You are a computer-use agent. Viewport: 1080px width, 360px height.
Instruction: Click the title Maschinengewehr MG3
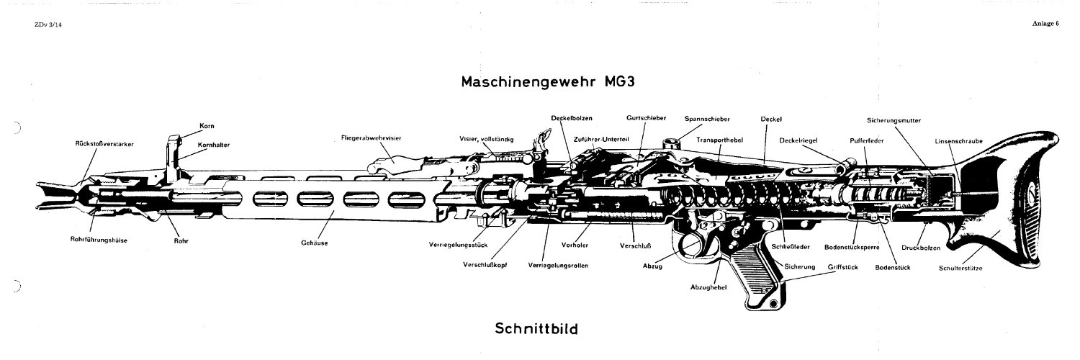548,81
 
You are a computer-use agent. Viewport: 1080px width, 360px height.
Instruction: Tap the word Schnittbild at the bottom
536,328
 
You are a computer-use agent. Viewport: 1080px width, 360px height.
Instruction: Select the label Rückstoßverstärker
104,143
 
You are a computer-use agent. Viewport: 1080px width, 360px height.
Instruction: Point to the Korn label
207,126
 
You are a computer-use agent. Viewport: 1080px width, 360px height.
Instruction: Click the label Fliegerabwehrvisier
371,138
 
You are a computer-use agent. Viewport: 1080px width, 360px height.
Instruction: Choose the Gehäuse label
315,243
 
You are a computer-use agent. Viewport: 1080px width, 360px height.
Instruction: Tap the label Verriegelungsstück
458,245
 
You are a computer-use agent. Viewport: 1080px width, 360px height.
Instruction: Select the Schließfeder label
791,247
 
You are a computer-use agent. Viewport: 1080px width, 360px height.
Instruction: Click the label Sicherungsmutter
894,120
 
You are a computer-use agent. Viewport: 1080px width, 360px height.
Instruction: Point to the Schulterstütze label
960,268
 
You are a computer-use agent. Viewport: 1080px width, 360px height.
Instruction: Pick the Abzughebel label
708,287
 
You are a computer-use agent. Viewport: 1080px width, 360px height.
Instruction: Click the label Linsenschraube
958,141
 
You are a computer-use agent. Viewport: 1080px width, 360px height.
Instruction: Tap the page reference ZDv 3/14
48,24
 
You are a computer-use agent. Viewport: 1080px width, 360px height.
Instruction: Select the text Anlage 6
1045,23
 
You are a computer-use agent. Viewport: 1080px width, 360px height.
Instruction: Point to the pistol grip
760,279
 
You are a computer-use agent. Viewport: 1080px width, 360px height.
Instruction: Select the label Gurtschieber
646,118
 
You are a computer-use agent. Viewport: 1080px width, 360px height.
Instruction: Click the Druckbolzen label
921,248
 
